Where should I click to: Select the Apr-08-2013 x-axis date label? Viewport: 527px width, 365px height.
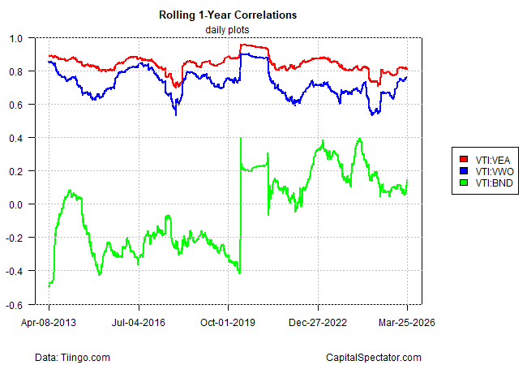coord(49,321)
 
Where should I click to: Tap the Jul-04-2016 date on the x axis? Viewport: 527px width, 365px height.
coord(139,321)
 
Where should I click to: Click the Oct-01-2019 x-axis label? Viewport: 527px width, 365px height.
coord(228,321)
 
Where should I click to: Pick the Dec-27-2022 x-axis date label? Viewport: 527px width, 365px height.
coord(318,321)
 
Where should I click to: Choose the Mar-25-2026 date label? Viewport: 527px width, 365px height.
coord(407,321)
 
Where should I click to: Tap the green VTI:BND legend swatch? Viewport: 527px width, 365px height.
coord(464,183)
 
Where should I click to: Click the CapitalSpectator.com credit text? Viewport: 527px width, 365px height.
coord(373,357)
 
